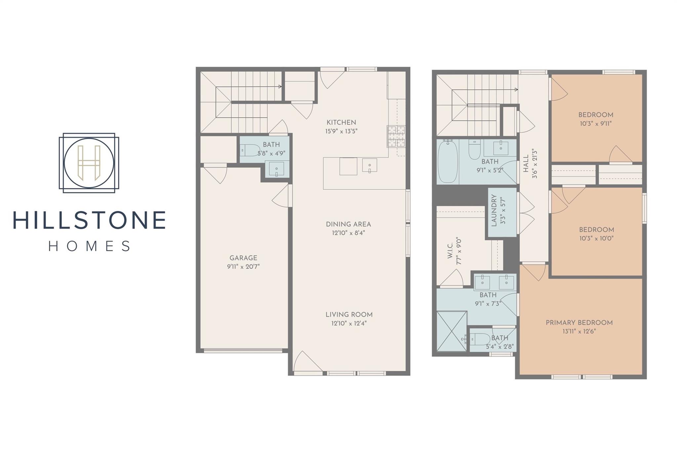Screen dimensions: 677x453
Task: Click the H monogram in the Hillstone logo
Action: coord(89,163)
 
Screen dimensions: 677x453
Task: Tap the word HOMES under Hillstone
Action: coord(90,246)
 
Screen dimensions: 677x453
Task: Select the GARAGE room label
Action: coord(243,258)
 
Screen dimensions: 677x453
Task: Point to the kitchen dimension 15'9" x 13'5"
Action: coord(341,131)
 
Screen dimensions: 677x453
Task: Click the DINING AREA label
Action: coord(348,224)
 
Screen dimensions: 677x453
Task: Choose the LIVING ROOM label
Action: coord(349,315)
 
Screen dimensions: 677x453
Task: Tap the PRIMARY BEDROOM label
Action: coord(579,323)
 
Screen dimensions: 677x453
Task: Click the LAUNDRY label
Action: coord(494,210)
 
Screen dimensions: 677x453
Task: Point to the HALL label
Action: coord(526,164)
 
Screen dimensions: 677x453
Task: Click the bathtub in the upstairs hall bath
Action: coord(448,162)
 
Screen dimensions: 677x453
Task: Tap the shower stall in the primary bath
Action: coord(452,331)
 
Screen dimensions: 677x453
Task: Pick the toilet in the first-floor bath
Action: coord(250,151)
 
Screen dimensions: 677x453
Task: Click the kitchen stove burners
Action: coord(396,136)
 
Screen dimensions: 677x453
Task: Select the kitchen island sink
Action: coord(370,165)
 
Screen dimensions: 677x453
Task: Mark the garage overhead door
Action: coord(243,351)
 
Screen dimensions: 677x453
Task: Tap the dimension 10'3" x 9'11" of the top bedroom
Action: coord(596,124)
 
